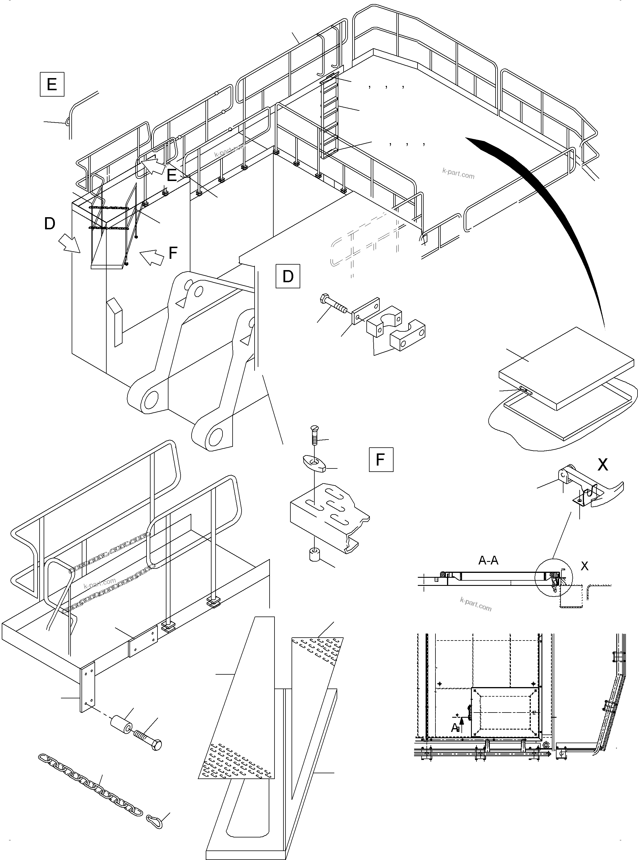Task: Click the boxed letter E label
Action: pos(52,84)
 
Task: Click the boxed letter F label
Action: pos(381,459)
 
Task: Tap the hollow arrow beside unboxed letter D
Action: pos(69,245)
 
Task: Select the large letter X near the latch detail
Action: pos(602,465)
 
